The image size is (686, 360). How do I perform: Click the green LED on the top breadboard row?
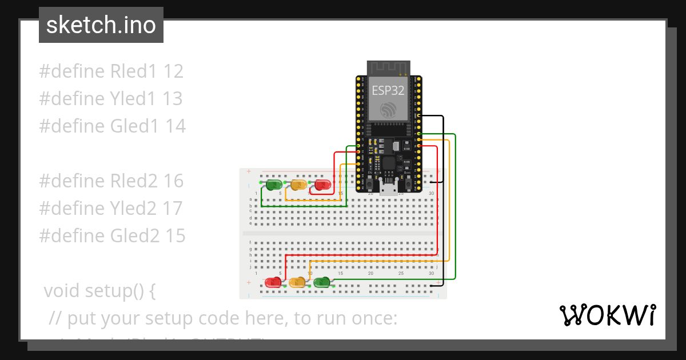[x=273, y=185]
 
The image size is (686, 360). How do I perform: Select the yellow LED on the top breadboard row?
[x=298, y=185]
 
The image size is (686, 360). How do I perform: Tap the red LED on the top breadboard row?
[x=322, y=185]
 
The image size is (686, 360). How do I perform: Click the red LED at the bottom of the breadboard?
[x=273, y=282]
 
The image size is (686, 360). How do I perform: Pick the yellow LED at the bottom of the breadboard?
[x=297, y=282]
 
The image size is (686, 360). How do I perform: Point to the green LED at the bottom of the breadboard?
[x=322, y=282]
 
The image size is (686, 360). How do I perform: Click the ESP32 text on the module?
[x=388, y=90]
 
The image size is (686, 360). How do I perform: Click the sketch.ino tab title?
[x=101, y=25]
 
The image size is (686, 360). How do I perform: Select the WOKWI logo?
[x=607, y=315]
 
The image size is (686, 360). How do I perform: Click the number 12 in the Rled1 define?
[x=173, y=71]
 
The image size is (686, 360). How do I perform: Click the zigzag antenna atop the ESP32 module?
[x=388, y=68]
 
